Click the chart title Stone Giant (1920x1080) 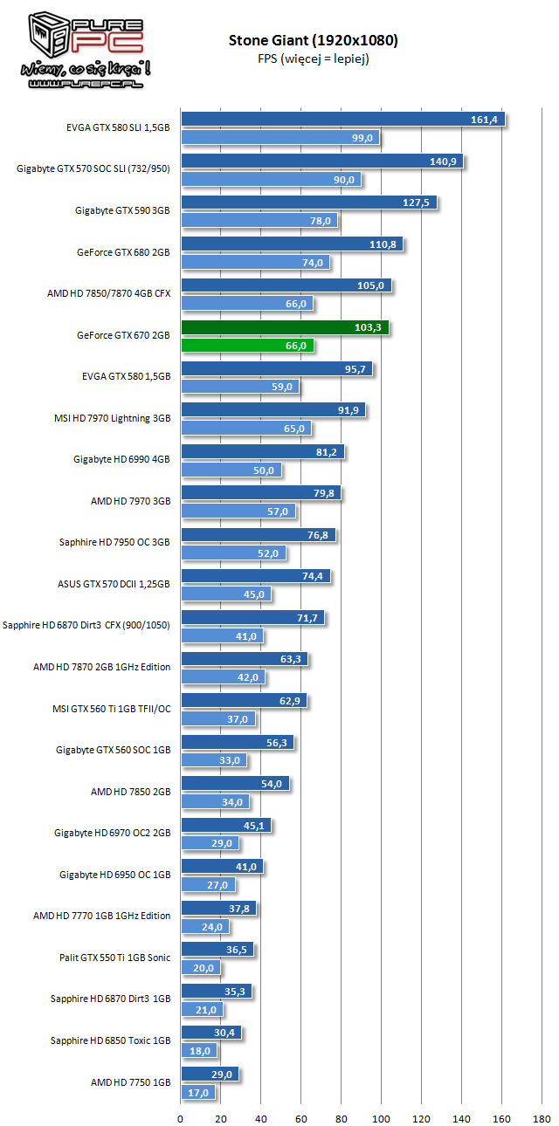(x=314, y=40)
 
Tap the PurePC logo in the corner (x=78, y=49)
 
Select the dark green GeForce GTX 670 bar (x=285, y=327)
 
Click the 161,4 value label (x=483, y=120)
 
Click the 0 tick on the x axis (x=181, y=1116)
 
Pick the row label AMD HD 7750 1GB (x=130, y=1081)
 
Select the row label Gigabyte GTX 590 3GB (x=122, y=210)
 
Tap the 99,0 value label (x=364, y=137)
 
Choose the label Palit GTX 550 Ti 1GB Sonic (x=115, y=958)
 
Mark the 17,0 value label (x=197, y=1092)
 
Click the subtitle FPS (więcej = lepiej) (x=313, y=58)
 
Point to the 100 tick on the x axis (x=382, y=1116)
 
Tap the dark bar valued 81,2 (x=263, y=452)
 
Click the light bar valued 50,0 (x=231, y=470)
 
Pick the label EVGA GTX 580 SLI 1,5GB (x=118, y=127)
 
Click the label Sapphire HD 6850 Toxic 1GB (x=110, y=1040)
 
